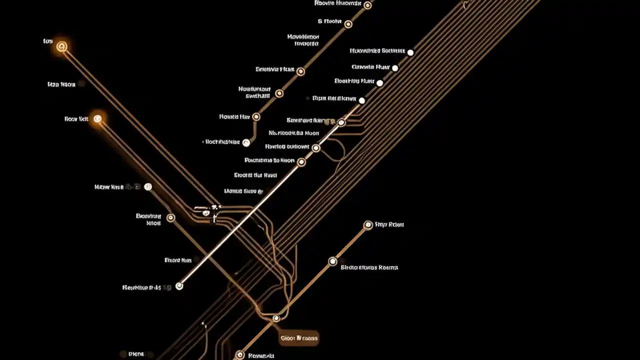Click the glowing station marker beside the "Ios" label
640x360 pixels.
coord(62,46)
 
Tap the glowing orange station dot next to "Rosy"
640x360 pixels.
coord(98,118)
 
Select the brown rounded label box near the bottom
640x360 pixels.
coord(299,338)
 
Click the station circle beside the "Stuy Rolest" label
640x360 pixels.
coord(368,225)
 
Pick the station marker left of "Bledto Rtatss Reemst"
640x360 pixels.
coord(332,261)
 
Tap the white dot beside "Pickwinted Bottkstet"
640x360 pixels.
coord(410,52)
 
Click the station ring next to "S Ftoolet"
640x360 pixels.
coord(348,24)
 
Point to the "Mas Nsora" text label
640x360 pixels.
coord(61,84)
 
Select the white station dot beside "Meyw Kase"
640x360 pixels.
coord(147,186)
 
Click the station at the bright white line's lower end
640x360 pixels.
coord(179,286)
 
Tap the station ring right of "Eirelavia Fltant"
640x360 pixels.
coord(300,71)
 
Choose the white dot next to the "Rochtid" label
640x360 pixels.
coord(245,142)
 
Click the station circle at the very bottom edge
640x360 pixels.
coord(240,355)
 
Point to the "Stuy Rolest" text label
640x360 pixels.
coord(389,225)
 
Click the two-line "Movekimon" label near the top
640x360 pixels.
coord(303,40)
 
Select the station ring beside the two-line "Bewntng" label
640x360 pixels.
coord(170,217)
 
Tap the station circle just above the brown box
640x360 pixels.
coord(275,318)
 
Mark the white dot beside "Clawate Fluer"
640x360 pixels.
coord(395,68)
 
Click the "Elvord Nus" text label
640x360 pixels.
coord(178,260)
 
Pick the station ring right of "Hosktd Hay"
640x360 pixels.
coord(256,116)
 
